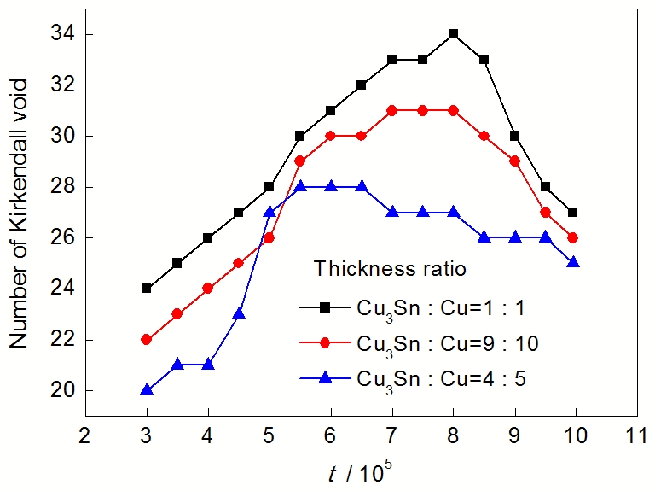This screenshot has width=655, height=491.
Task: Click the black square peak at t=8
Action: pos(453,34)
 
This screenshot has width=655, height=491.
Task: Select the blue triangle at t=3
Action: pos(147,389)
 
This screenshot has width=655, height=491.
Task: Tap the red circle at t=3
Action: pos(147,339)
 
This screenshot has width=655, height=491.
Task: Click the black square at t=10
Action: pos(573,212)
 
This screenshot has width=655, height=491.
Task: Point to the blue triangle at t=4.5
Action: pos(239,313)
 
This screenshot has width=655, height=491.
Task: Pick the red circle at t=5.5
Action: pos(300,161)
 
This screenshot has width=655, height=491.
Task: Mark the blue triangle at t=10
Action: pos(573,262)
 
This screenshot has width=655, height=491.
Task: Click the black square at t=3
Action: pos(147,289)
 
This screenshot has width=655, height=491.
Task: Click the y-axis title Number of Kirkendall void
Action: pos(20,213)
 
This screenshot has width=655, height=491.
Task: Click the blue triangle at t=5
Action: pos(270,212)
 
